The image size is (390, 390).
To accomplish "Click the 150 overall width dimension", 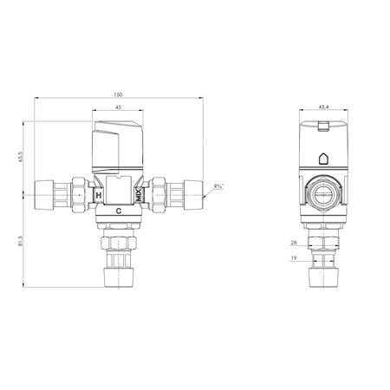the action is (118, 94).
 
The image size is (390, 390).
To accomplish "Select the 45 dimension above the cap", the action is (118, 107).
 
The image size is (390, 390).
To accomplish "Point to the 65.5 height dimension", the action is (20, 157).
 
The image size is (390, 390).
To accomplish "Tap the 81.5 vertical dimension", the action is (20, 241).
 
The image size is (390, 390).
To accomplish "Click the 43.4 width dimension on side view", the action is (323, 107).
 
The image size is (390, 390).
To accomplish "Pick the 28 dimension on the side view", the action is (294, 243).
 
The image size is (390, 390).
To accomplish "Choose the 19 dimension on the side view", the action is (294, 258).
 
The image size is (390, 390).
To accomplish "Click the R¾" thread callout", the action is (218, 186).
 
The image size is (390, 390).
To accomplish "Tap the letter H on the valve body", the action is (99, 195).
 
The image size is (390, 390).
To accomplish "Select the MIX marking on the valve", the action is (139, 195).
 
